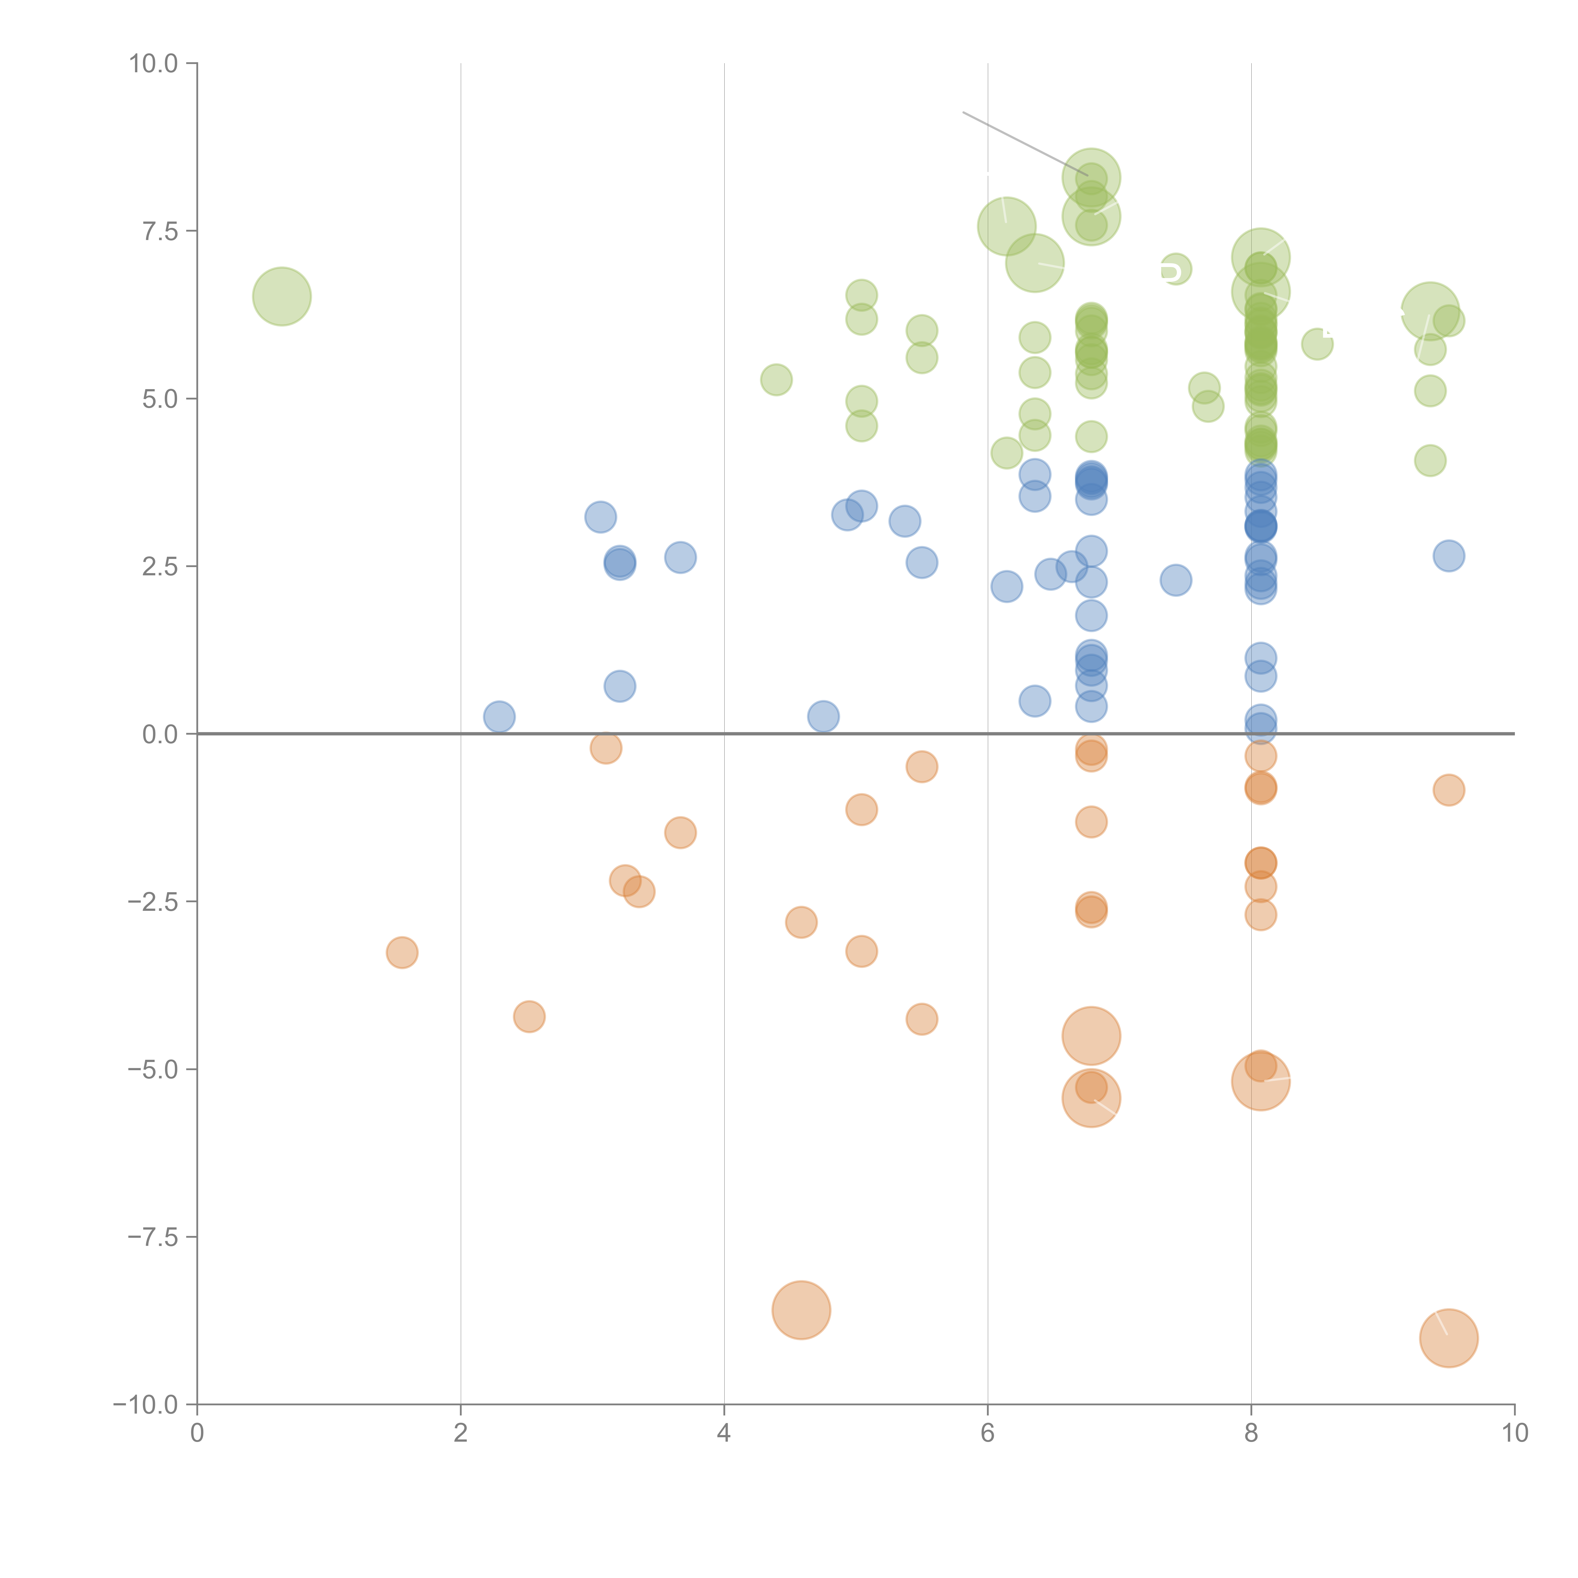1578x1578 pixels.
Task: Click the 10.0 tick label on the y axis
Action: click(153, 64)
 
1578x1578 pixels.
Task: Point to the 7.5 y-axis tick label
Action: click(160, 231)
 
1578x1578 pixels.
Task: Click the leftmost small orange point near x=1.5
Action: click(402, 952)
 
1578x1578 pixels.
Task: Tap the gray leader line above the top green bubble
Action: click(1025, 144)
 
